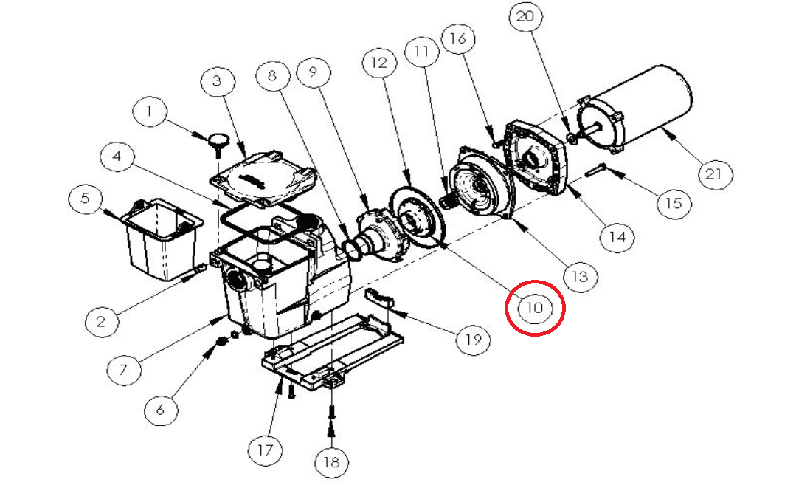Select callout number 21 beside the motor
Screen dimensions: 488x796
coord(713,175)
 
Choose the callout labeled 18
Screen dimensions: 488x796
coord(331,462)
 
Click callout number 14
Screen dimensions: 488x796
coord(617,236)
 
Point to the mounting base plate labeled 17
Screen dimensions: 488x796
coord(332,354)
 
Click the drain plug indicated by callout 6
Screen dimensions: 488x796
coord(221,340)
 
